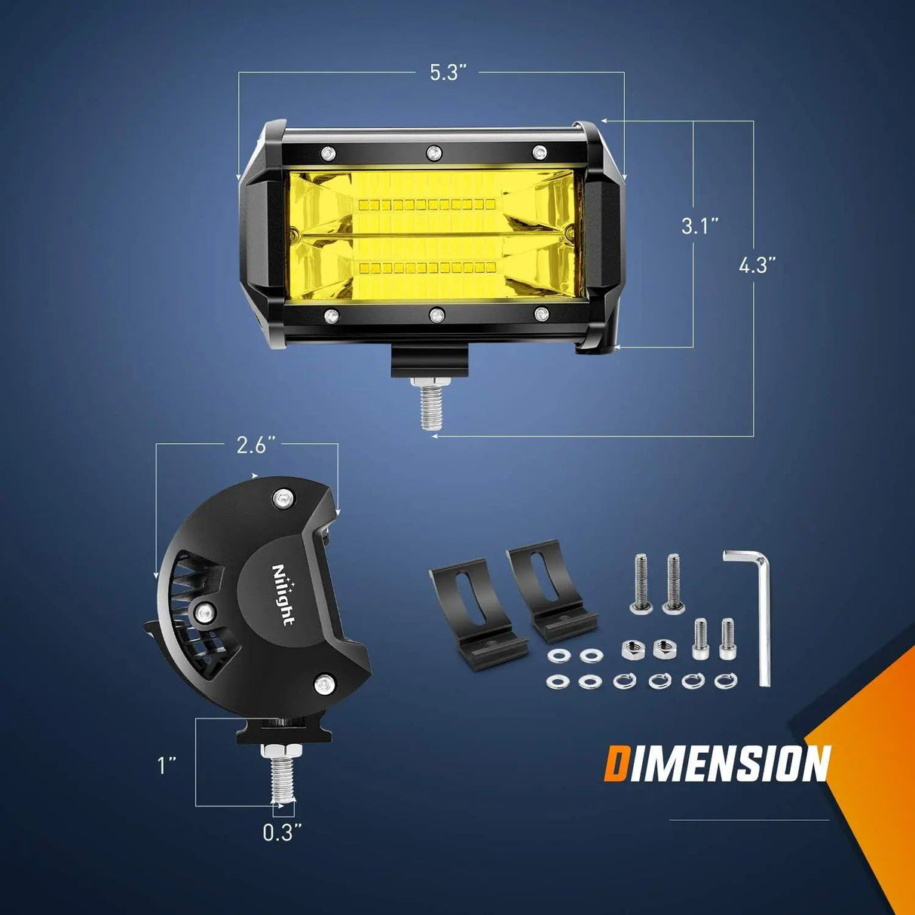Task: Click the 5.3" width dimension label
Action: pos(448,73)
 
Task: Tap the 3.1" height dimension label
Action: pos(699,225)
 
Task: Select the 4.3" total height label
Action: pos(757,265)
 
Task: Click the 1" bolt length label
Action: pos(167,766)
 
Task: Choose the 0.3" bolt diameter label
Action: pos(283,833)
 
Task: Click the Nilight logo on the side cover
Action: pos(283,595)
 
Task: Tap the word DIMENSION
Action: pos(717,764)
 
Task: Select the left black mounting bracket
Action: pos(473,611)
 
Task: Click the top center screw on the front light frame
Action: pos(433,153)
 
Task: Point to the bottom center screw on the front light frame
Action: pos(435,314)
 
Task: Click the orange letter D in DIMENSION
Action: pos(617,764)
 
